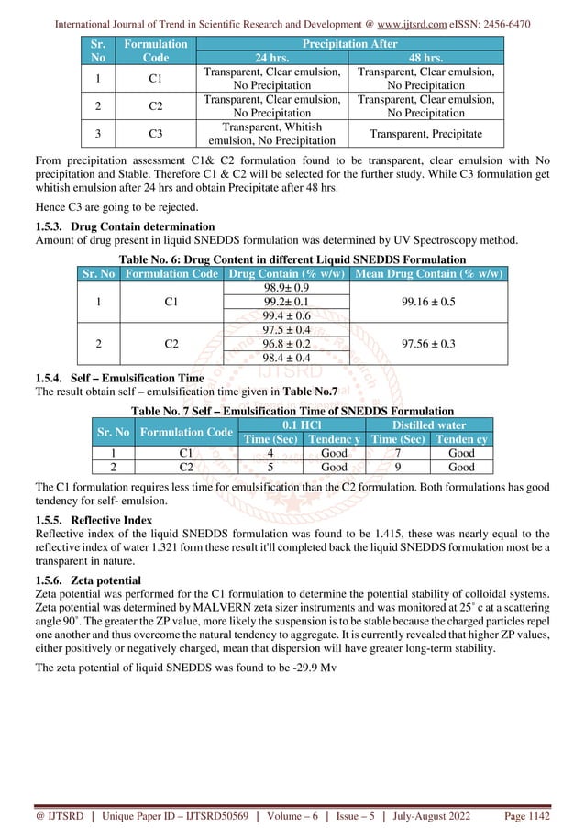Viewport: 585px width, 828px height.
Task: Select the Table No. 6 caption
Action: click(292, 259)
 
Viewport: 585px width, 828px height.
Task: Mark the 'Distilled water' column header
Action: click(429, 424)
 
